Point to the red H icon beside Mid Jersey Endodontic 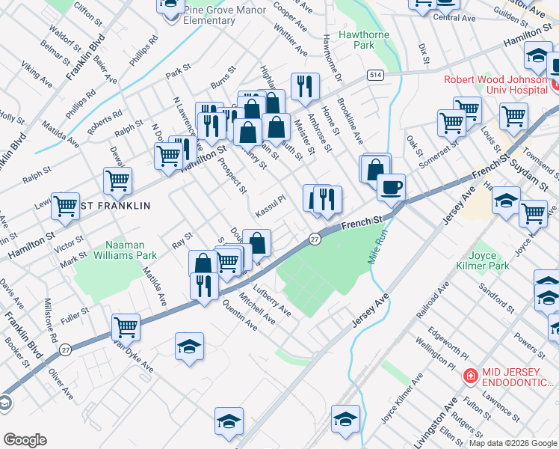pyautogui.click(x=471, y=376)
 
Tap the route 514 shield pyautogui.click(x=375, y=75)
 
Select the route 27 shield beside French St pyautogui.click(x=315, y=238)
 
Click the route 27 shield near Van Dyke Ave pyautogui.click(x=66, y=349)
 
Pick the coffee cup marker pyautogui.click(x=391, y=187)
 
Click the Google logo pyautogui.click(x=25, y=439)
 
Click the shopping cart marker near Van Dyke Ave pyautogui.click(x=126, y=327)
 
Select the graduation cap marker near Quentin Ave pyautogui.click(x=189, y=346)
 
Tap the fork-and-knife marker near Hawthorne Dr pyautogui.click(x=304, y=87)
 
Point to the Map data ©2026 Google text pyautogui.click(x=512, y=443)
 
